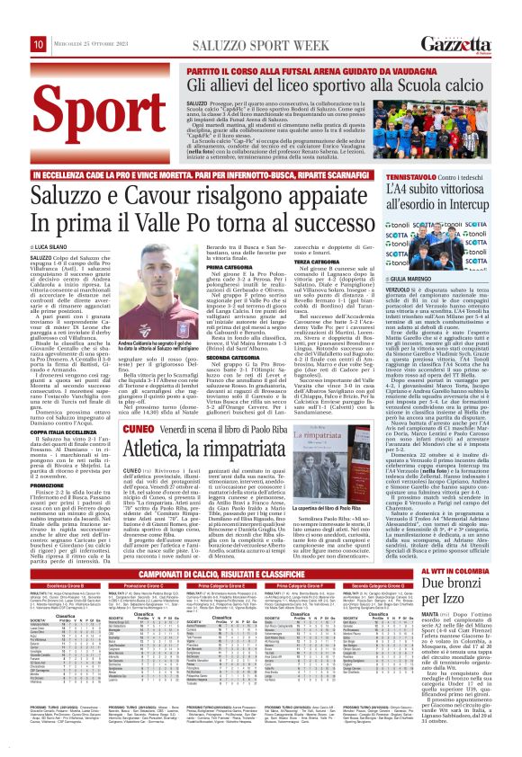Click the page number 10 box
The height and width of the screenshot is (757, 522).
click(x=39, y=43)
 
